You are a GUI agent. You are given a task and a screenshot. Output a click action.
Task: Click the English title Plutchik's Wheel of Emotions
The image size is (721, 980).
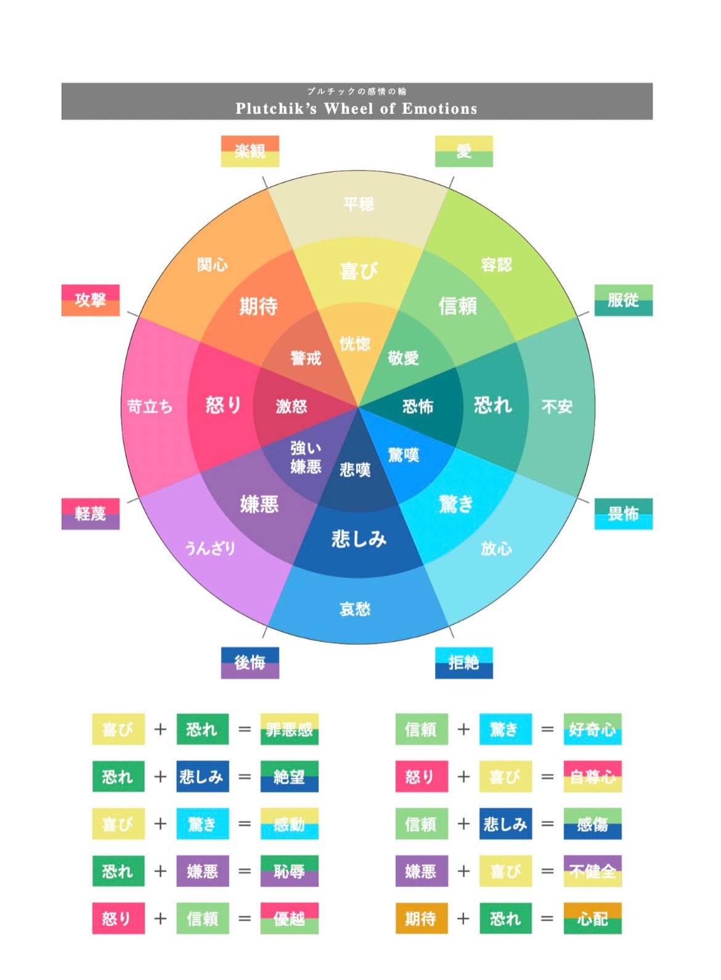pos(356,108)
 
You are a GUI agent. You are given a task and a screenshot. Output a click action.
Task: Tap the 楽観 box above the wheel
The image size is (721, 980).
pos(250,151)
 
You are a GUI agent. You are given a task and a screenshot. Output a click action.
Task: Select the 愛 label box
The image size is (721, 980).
pos(463,151)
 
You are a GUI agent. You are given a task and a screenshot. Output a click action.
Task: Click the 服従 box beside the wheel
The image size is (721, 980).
pos(623,300)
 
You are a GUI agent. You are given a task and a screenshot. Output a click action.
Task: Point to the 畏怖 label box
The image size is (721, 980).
pos(623,513)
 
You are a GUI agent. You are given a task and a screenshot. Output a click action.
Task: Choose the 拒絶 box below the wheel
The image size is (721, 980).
pos(463,662)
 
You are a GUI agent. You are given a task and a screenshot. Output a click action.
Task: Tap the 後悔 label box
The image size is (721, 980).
pos(250,662)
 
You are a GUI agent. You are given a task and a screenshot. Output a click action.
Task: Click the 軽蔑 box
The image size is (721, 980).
pos(90,513)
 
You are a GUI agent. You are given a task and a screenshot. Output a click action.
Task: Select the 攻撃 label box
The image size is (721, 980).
pos(90,300)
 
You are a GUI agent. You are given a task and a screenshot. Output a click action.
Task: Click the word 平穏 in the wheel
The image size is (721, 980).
pos(358,204)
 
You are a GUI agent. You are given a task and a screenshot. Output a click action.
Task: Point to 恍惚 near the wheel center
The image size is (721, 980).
pos(355,344)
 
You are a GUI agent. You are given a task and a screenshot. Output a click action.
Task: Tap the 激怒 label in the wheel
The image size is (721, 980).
pos(291,406)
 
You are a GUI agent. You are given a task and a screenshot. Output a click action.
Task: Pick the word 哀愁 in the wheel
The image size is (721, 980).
pos(355,609)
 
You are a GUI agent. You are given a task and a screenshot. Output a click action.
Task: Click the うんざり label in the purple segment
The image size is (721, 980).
pos(210,548)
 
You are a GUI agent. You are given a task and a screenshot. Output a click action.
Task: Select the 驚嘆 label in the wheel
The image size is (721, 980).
pos(403,455)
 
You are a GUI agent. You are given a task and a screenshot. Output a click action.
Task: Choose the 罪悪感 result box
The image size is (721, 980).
pos(289,729)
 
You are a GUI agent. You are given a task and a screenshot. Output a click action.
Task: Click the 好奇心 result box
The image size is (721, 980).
pos(592,729)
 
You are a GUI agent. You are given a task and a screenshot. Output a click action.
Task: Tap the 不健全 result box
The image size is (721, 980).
pos(592,871)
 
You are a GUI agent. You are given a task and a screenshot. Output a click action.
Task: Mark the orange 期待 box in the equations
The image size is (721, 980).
pos(421,918)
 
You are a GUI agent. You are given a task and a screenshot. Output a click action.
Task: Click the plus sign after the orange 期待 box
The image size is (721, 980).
pos(463,918)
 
